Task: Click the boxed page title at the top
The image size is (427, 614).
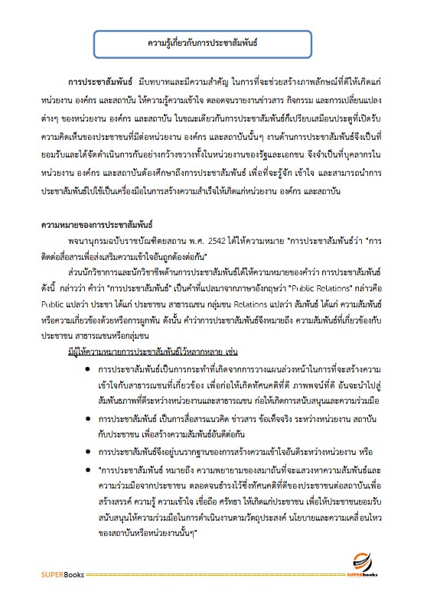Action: (213, 44)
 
